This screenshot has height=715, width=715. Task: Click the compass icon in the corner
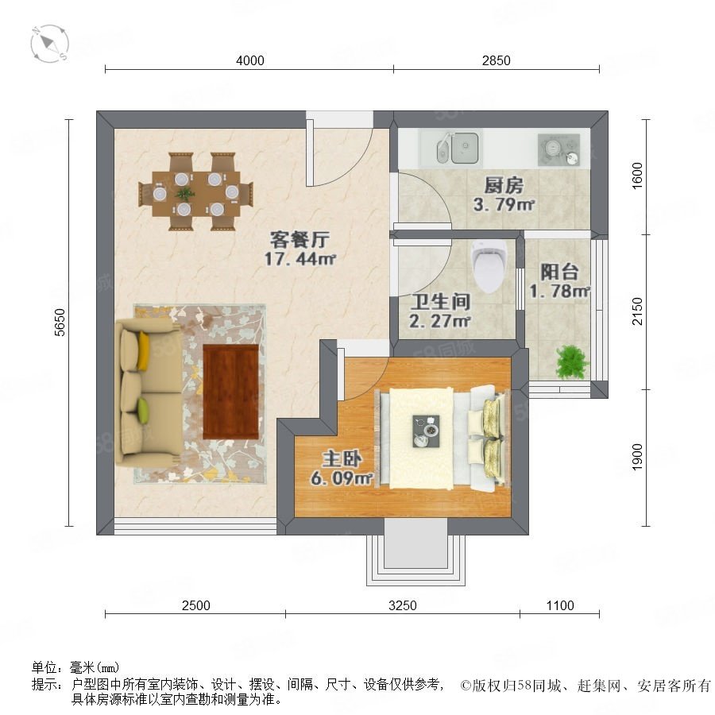(50, 44)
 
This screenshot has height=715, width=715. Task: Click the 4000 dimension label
(250, 60)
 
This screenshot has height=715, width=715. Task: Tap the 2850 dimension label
(496, 60)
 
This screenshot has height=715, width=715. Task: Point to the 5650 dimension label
(60, 323)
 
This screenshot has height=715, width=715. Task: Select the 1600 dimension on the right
(637, 176)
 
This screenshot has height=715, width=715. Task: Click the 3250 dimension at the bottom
(403, 605)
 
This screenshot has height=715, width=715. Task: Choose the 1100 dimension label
(560, 605)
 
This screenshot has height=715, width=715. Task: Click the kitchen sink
(458, 148)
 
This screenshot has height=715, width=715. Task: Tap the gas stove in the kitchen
(558, 149)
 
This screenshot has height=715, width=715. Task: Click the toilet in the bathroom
(489, 267)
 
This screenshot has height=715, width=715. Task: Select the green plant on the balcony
(570, 361)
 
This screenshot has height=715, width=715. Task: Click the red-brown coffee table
(230, 392)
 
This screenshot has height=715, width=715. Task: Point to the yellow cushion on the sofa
(143, 350)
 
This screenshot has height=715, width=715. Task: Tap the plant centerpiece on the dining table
(184, 194)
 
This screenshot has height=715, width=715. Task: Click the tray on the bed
(426, 431)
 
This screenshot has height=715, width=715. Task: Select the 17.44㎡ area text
(300, 259)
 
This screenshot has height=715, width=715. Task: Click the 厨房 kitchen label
(504, 186)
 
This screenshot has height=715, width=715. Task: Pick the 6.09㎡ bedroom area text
(342, 478)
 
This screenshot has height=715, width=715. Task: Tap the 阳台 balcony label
(559, 272)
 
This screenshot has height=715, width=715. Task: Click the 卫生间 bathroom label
(440, 302)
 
